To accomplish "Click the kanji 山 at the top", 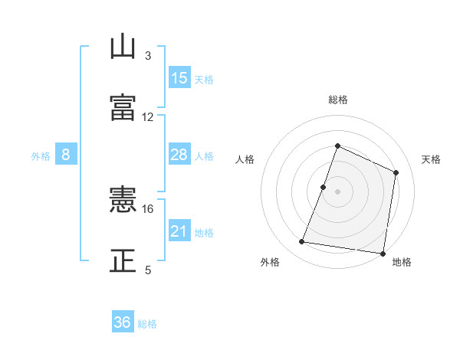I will point(123,47).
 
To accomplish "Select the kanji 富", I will point(123,106).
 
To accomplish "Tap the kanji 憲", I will point(123,201).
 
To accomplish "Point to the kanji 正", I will point(123,260).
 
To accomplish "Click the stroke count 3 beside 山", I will point(148,56).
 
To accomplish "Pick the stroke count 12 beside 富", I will point(148,117).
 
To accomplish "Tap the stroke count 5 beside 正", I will point(148,270).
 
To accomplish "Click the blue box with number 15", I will point(179,78).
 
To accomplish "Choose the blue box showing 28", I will point(179,155).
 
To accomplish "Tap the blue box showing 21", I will point(179,231).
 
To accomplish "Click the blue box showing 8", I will point(66,155).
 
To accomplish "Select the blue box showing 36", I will point(123,322).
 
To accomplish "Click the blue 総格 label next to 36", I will point(147,324).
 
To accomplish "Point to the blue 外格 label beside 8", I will point(41,156).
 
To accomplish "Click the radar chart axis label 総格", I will point(337,100).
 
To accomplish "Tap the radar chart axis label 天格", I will point(432,159).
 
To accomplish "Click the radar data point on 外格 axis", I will point(302,242).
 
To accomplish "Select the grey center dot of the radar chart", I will point(337,191).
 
